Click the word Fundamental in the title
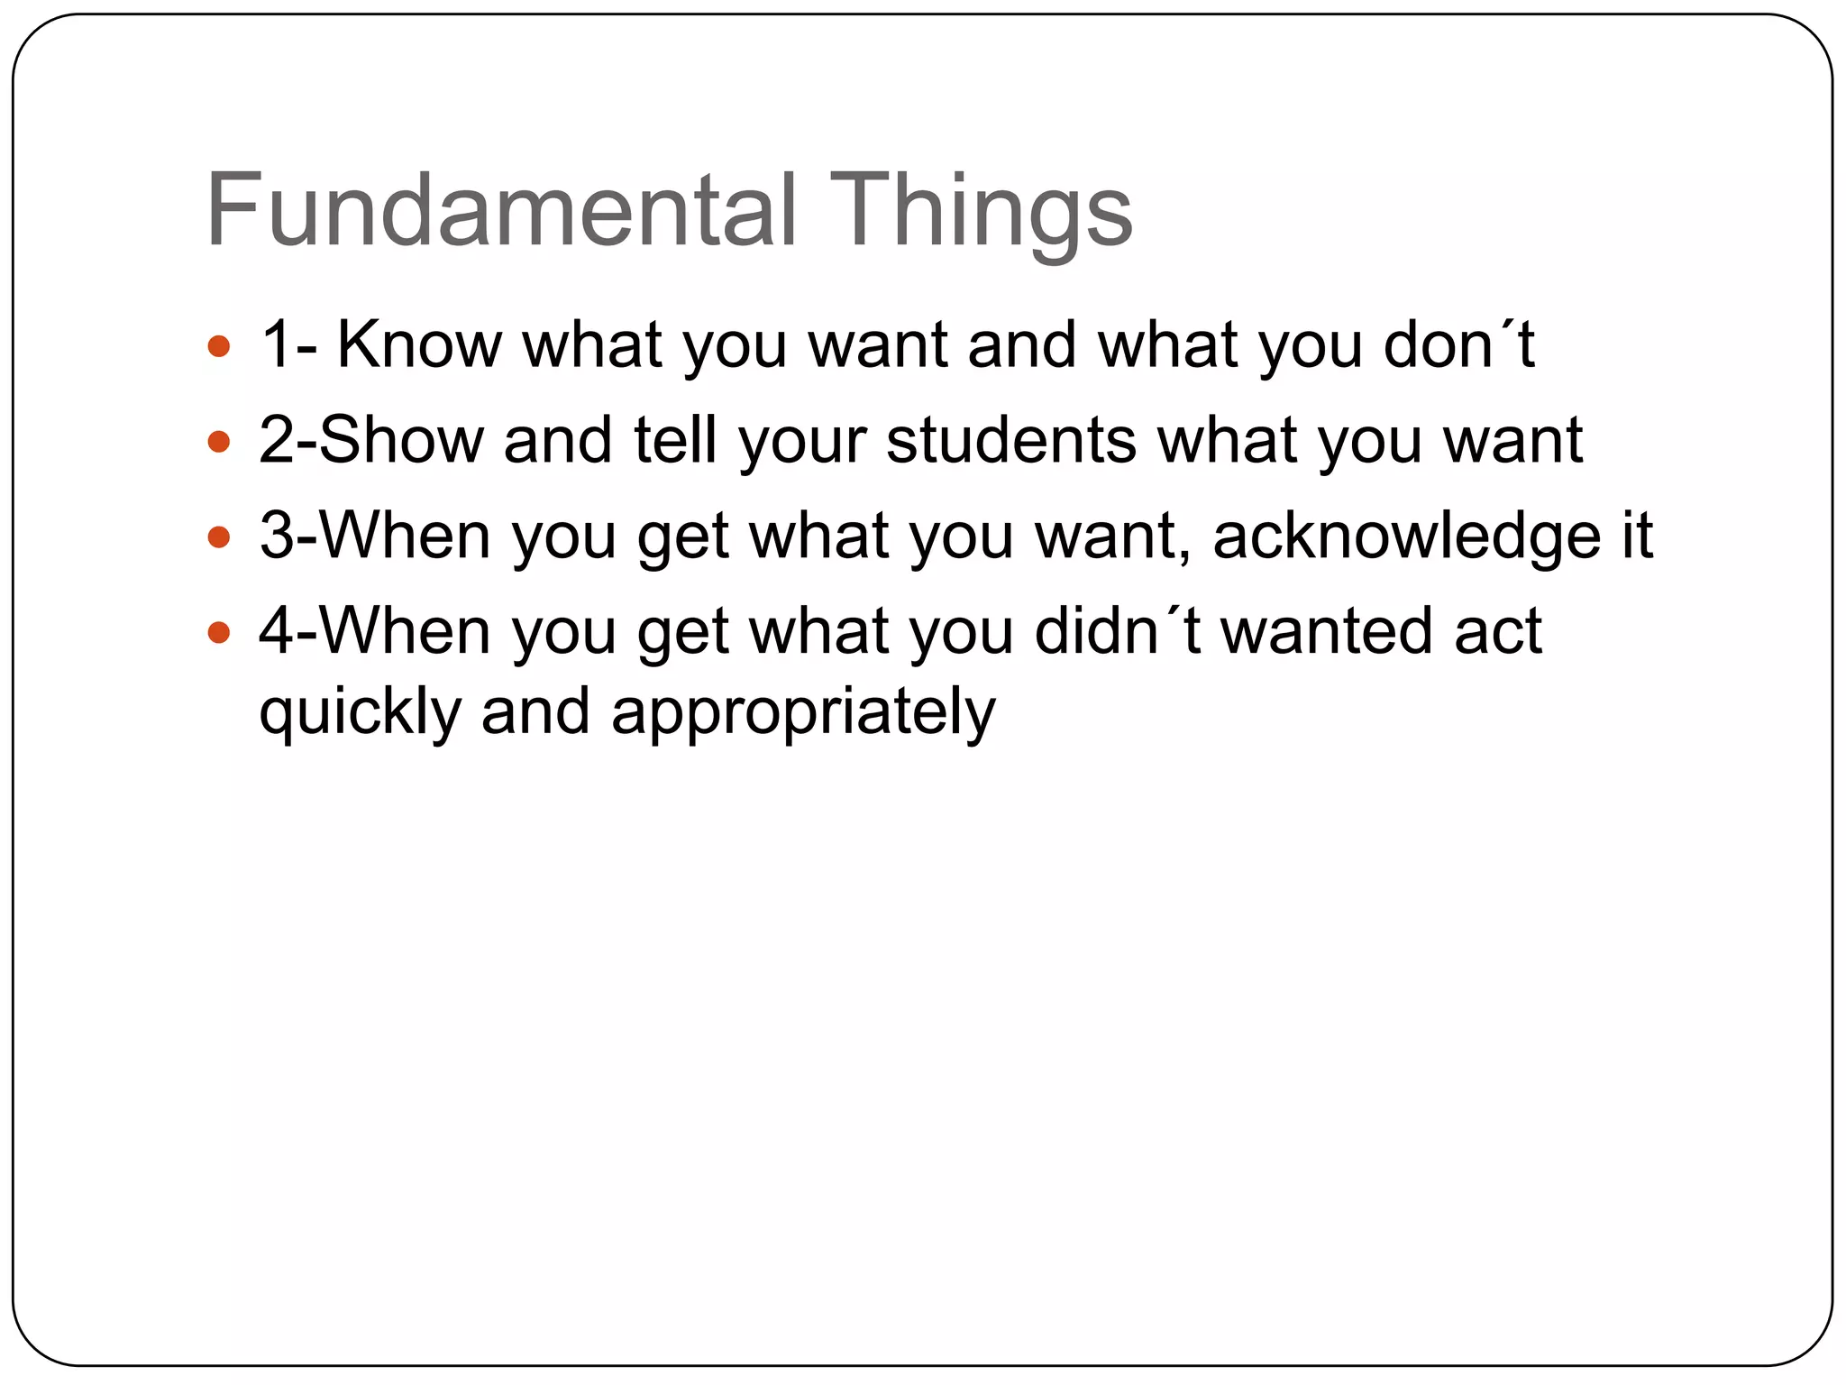tap(501, 211)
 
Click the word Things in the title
tap(980, 211)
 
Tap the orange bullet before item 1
tap(218, 346)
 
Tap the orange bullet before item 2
tap(218, 442)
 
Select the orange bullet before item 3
tap(218, 537)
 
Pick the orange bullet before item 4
tap(218, 632)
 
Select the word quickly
tap(361, 712)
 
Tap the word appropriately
tap(803, 712)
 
